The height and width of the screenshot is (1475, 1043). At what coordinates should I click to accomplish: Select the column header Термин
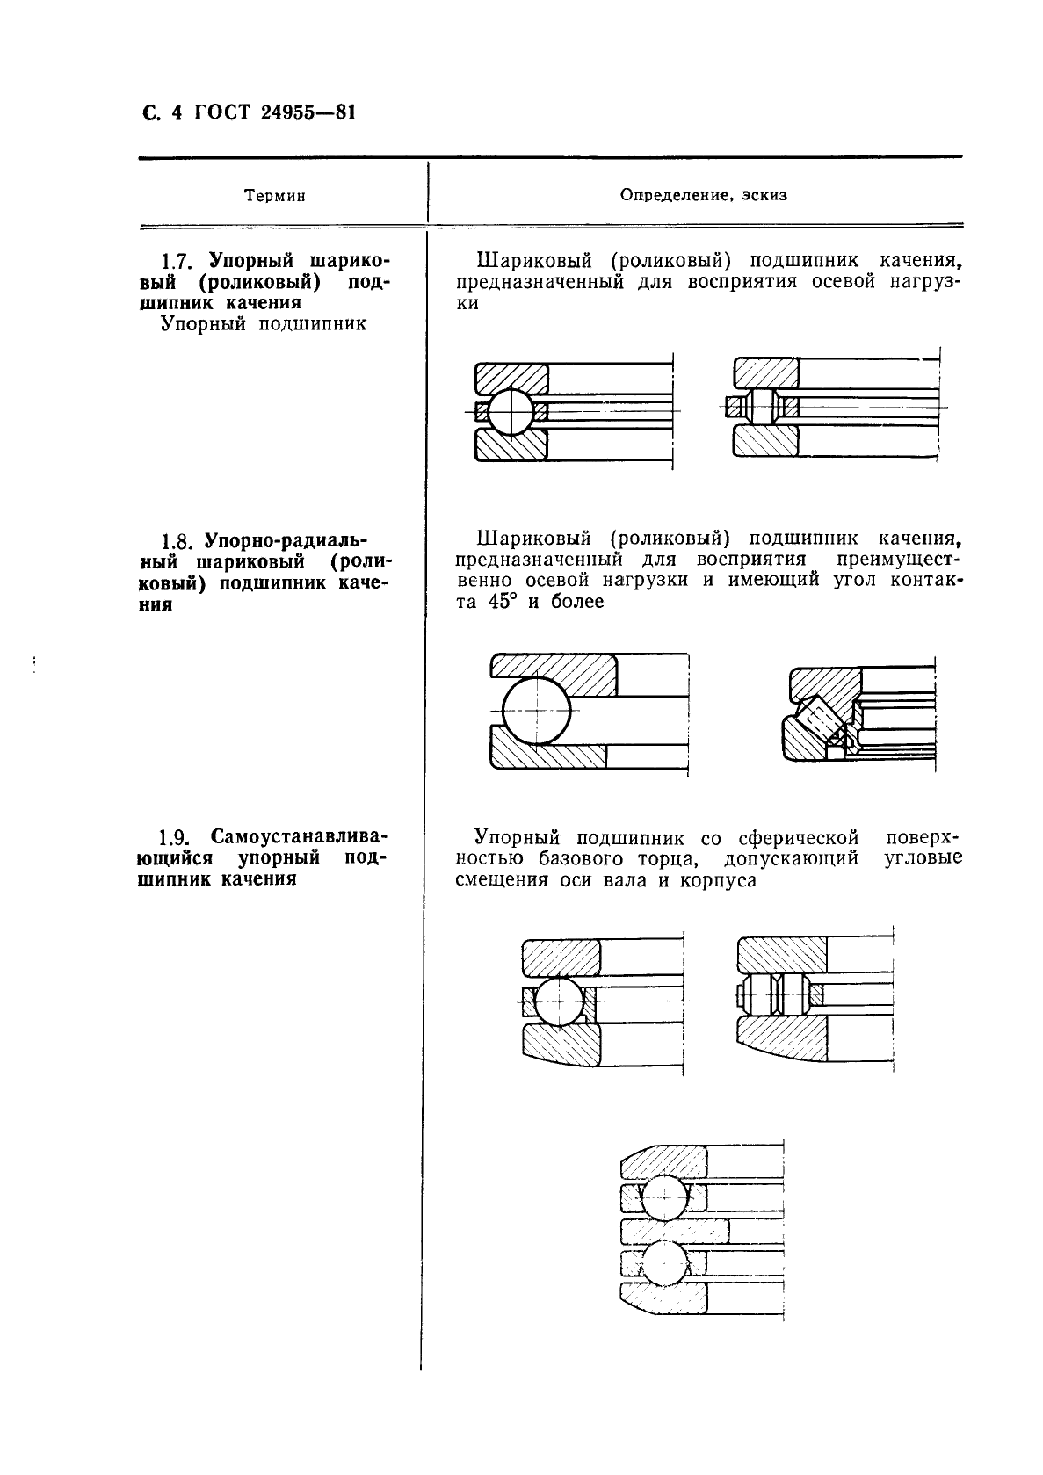click(274, 196)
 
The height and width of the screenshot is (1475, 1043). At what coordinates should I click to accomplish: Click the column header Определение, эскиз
click(703, 195)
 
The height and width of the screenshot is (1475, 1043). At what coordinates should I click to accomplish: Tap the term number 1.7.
click(177, 262)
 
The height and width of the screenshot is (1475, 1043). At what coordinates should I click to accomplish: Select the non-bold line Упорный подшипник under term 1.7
click(264, 324)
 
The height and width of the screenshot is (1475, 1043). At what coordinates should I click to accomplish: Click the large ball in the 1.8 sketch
click(535, 711)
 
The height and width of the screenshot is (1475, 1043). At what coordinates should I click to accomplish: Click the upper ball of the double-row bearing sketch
click(666, 1196)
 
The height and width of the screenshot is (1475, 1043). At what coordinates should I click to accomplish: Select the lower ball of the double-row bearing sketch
click(666, 1262)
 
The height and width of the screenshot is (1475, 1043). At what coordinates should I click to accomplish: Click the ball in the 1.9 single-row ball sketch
click(559, 1001)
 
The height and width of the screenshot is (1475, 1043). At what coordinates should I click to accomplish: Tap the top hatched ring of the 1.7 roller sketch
click(766, 372)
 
